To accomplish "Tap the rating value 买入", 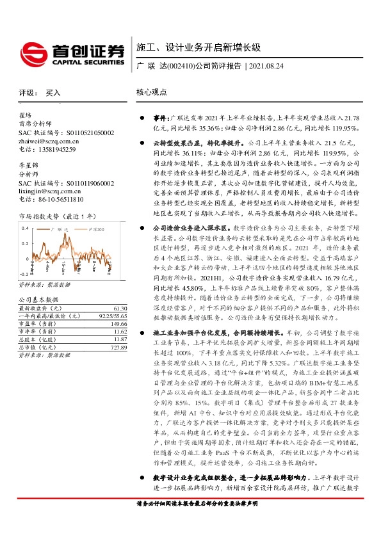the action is pyautogui.click(x=54, y=92).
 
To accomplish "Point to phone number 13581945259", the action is pyautogui.click(x=53, y=149).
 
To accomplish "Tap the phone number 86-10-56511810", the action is pyautogui.click(x=56, y=199).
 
